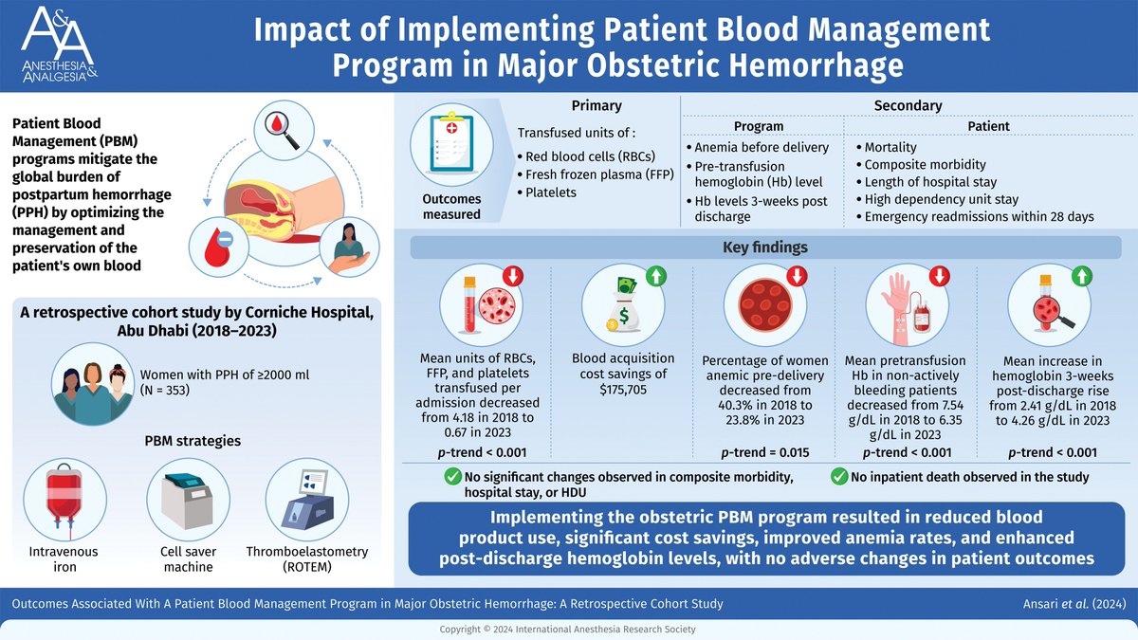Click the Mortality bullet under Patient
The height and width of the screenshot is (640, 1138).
pos(890,148)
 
